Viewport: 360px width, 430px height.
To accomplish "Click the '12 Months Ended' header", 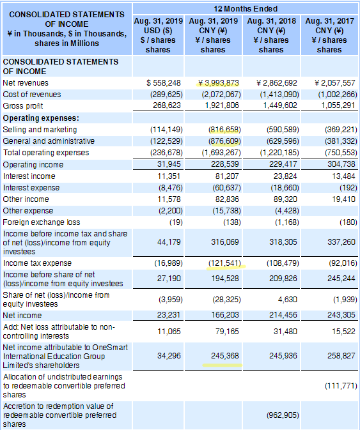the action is click(246, 9).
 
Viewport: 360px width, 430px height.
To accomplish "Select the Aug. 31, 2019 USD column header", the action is click(158, 35).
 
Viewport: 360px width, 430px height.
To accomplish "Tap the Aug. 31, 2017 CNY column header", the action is click(329, 35).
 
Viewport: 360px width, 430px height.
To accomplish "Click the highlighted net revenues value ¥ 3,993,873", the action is click(219, 83).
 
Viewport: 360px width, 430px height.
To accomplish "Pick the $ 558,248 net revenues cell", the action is click(164, 83).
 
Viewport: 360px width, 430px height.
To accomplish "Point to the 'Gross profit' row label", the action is click(23, 106).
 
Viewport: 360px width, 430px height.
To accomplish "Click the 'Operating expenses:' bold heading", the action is click(41, 118).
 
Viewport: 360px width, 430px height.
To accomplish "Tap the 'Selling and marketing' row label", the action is click(40, 130).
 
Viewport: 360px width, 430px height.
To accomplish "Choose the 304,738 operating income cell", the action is click(341, 164).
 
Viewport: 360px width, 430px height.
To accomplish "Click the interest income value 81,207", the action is click(227, 176).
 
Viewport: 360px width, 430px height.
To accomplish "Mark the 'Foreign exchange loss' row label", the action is click(42, 222).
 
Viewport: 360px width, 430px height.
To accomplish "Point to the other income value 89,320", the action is click(285, 199).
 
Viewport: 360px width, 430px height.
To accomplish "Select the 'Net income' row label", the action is click(22, 316).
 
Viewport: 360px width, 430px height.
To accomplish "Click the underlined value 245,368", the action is click(224, 356).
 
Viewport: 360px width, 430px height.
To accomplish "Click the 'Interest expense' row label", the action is click(31, 188).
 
